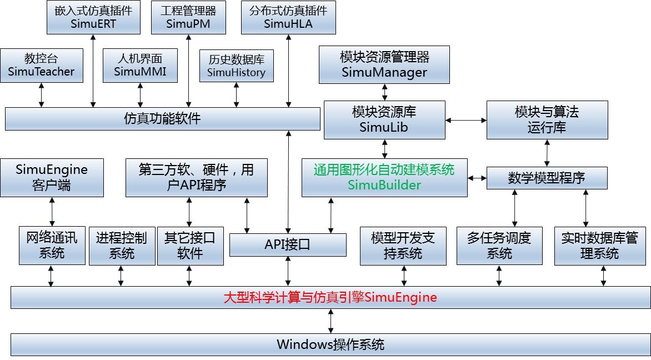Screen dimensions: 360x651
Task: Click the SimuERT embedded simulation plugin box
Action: click(93, 17)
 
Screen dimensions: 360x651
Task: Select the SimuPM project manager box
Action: click(188, 17)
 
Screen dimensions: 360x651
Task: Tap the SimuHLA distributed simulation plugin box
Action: click(288, 17)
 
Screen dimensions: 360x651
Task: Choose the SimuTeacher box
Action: click(42, 65)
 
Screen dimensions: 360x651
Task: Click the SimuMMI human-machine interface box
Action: click(140, 65)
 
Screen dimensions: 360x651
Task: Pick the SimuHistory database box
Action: click(237, 65)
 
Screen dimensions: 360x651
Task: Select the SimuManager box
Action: click(384, 65)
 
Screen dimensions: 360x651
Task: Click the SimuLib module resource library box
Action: click(384, 119)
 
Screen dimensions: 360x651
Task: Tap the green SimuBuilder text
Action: click(384, 185)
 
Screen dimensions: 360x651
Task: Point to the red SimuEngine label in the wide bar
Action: click(330, 297)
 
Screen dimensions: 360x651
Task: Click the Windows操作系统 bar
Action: click(330, 344)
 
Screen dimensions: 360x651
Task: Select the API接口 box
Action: click(288, 244)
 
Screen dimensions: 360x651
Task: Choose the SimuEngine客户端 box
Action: click(52, 177)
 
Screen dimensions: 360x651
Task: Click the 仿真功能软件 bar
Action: click(162, 118)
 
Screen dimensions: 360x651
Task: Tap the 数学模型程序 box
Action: click(547, 178)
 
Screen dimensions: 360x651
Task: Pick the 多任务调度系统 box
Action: click(499, 245)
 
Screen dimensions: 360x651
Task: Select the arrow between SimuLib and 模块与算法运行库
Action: click(466, 119)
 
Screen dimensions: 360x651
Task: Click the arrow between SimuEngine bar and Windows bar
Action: click(330, 321)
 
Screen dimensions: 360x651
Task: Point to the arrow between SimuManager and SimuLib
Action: click(384, 92)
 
